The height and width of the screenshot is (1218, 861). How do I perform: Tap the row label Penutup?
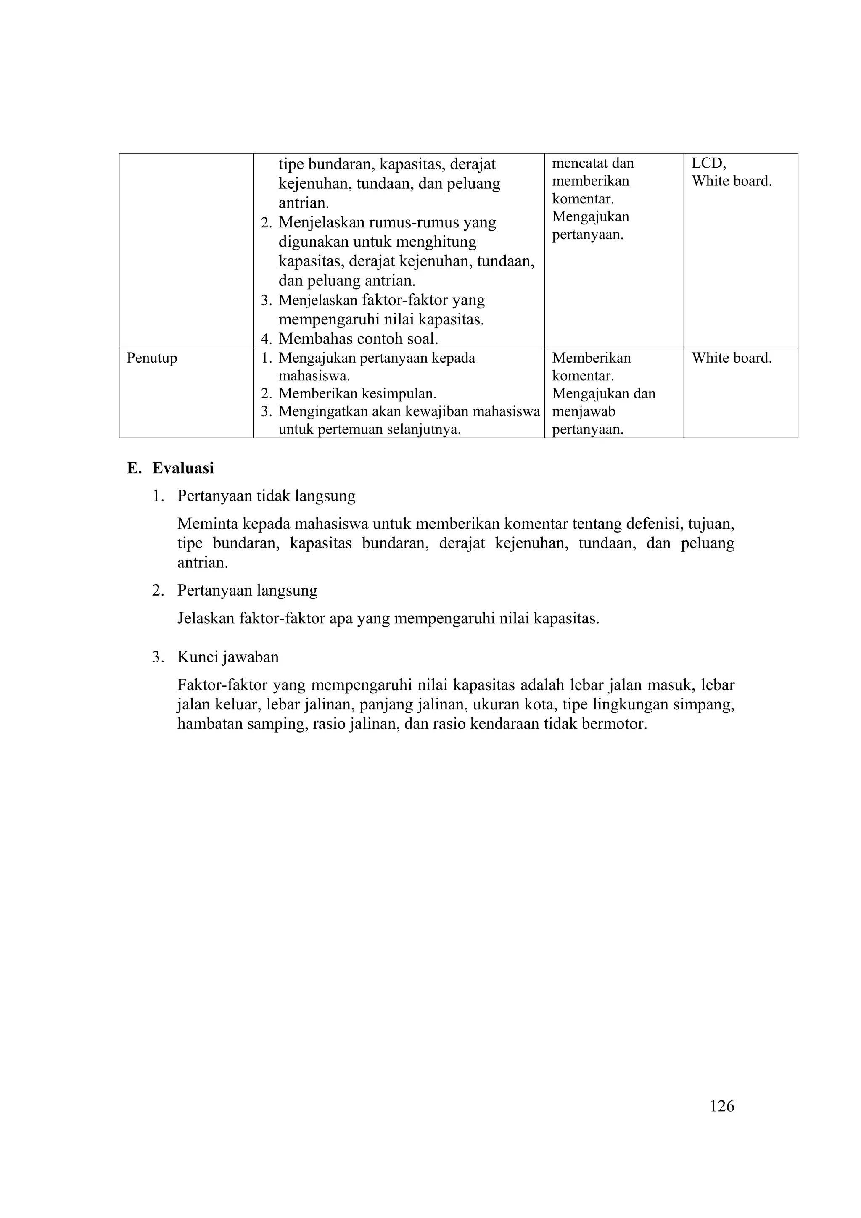[x=152, y=358]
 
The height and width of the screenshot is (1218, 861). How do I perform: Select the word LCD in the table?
[x=708, y=163]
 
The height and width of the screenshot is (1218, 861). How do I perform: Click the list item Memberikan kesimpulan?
[x=357, y=394]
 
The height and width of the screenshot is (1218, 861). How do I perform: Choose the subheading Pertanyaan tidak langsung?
[x=266, y=496]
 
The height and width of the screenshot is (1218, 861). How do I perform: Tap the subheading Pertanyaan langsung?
[x=247, y=591]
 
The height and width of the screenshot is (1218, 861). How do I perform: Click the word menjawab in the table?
[x=584, y=411]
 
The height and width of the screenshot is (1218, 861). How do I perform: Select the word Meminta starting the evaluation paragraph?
[x=207, y=524]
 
